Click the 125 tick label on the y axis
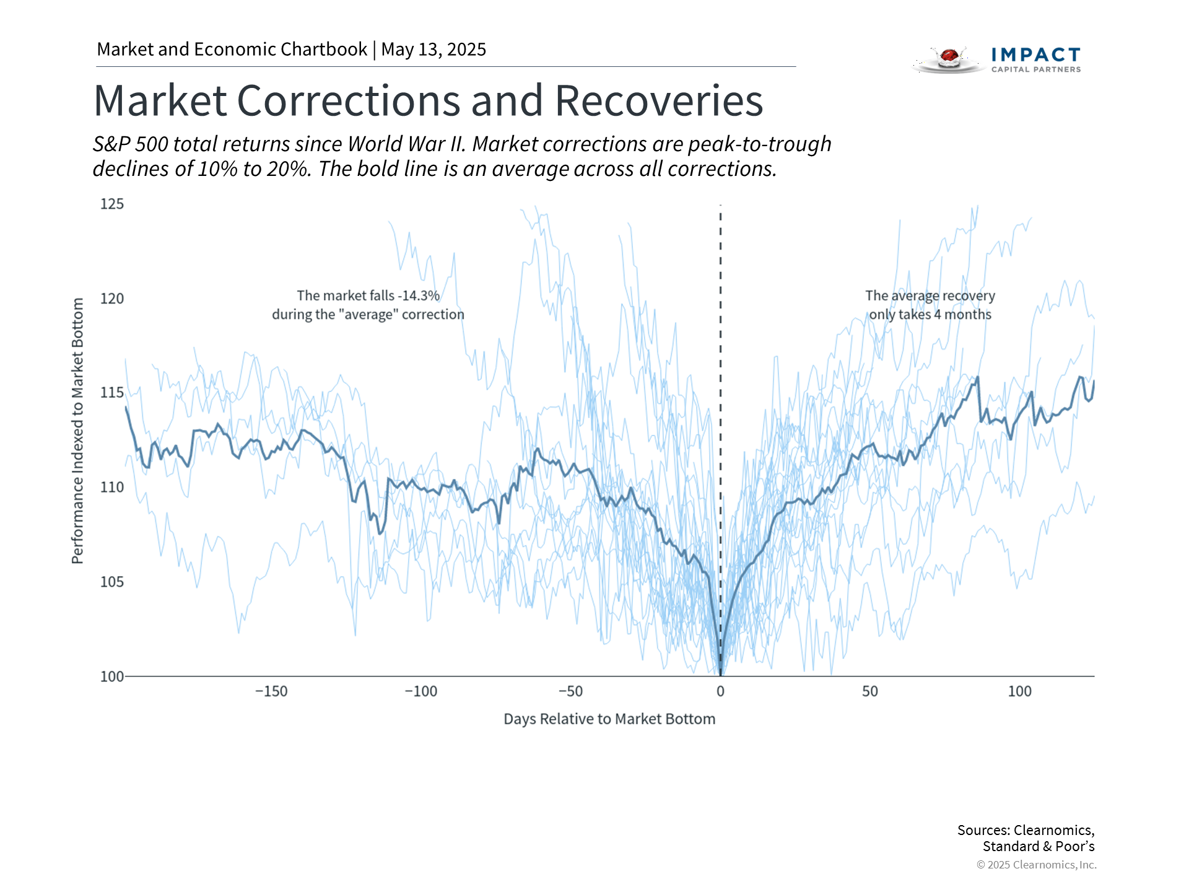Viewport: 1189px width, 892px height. click(112, 204)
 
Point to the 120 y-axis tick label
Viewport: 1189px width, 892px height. click(112, 299)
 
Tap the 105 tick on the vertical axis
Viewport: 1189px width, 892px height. click(112, 582)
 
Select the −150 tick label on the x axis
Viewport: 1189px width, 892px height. click(271, 691)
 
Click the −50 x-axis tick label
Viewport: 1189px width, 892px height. click(570, 691)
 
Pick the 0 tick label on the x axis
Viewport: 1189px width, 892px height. click(720, 691)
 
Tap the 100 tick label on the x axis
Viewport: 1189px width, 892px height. click(1019, 691)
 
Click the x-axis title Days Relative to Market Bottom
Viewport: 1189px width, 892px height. click(609, 719)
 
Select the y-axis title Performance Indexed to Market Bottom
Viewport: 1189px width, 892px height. click(77, 431)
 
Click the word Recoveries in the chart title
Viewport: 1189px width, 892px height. click(659, 101)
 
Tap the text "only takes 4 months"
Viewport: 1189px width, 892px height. click(930, 315)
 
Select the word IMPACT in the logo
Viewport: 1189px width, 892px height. click(1035, 55)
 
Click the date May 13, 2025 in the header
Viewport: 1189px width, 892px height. click(433, 50)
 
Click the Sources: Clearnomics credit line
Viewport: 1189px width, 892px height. click(1026, 830)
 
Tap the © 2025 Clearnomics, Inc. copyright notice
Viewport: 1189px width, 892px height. click(1036, 865)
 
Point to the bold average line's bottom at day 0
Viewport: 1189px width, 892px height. click(720, 672)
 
